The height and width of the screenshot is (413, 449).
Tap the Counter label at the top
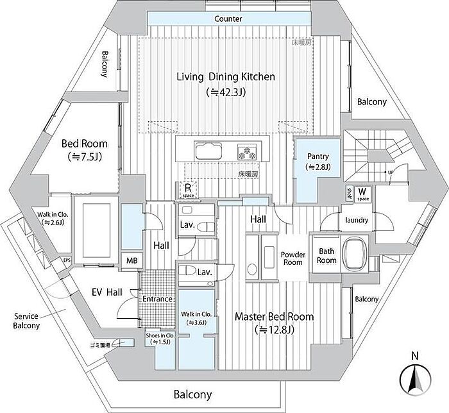coord(228,19)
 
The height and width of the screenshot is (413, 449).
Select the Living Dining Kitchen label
coord(226,77)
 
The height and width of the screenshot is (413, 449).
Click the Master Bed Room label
coord(274,317)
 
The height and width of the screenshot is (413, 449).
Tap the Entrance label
coord(157,299)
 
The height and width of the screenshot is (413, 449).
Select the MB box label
coord(131,260)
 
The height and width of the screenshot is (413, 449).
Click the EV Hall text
coord(106,292)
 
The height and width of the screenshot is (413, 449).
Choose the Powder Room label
coord(292,258)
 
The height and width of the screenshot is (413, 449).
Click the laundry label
coord(356,220)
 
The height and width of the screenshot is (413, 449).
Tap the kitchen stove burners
coord(246,153)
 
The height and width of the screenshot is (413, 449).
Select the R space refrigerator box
coord(187,189)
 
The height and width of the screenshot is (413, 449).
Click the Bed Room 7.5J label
coord(84,149)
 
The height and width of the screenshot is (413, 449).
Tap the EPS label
coord(66,260)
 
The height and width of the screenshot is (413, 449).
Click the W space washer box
coord(362,192)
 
